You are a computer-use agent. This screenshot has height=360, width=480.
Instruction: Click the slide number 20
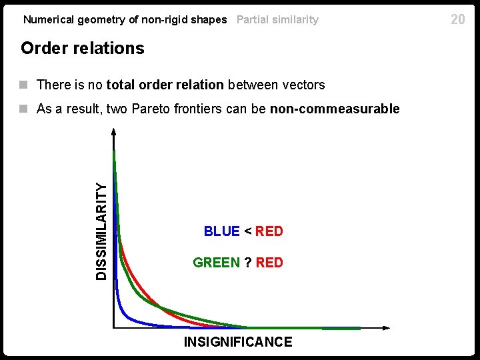tap(457, 19)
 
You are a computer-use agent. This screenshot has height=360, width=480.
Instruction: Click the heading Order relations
tap(83, 48)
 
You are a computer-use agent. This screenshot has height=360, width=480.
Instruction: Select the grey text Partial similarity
tap(277, 19)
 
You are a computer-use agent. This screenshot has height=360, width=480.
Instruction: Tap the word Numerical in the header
tap(49, 19)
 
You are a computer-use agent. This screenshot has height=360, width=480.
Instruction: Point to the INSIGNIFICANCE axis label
tap(238, 342)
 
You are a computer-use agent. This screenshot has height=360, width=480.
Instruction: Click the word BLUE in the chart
tap(221, 231)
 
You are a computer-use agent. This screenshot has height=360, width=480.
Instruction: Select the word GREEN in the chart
tap(216, 263)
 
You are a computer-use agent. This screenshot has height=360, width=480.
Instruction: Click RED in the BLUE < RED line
tap(269, 231)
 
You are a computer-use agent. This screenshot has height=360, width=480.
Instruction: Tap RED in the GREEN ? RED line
tap(269, 263)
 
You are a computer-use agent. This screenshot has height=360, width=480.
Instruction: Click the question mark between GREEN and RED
tap(247, 263)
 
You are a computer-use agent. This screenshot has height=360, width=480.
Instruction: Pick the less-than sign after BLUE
tap(247, 231)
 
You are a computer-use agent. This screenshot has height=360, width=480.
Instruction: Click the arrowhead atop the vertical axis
tap(114, 133)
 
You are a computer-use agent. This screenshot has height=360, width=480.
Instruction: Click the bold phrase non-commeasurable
tap(335, 109)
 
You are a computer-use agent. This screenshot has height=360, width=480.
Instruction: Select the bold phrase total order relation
tap(165, 85)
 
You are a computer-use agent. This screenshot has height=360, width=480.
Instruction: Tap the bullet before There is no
tap(24, 85)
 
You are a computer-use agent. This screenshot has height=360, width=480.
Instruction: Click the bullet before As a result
tap(24, 109)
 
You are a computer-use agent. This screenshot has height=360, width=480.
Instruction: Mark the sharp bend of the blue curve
tap(123, 313)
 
